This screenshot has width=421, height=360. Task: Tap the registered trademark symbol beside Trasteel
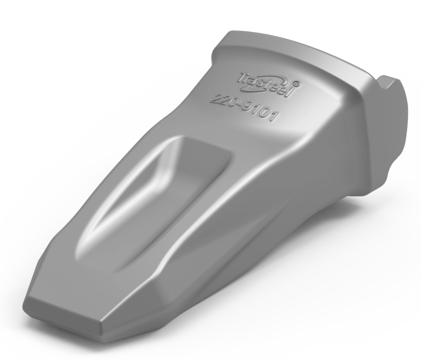[x=297, y=84]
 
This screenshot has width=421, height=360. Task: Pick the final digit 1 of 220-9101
[x=273, y=117]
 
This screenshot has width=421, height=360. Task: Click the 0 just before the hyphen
[x=231, y=102]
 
